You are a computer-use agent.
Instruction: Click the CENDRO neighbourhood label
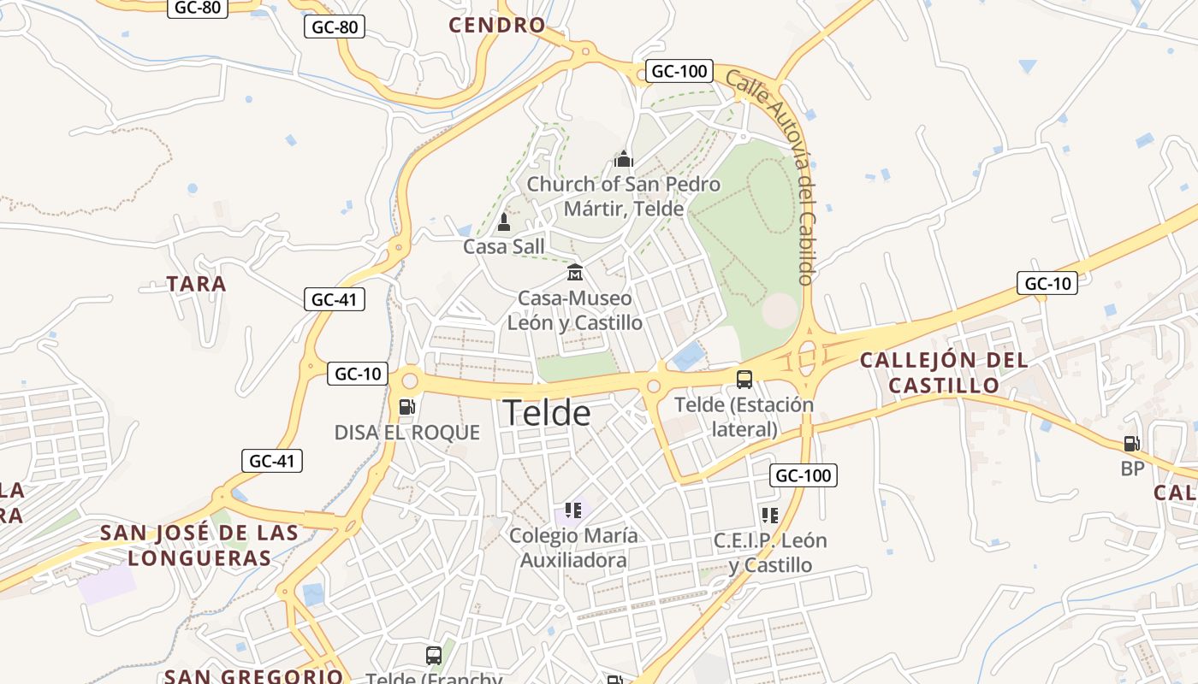pos(497,25)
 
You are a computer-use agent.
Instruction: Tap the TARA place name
pos(197,284)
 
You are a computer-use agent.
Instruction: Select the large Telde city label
pos(547,414)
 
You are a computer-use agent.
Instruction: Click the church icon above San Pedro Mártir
pos(623,159)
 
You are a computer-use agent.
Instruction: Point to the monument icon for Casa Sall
pos(504,222)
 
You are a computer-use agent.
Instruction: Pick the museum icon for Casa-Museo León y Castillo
pos(575,273)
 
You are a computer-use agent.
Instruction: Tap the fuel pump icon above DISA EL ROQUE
pos(406,407)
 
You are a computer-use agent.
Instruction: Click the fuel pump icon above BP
pos(1131,443)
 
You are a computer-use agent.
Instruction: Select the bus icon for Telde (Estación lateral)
pos(744,379)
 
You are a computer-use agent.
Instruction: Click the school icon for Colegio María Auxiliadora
pos(573,510)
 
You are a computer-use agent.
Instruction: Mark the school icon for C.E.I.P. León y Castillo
pos(770,515)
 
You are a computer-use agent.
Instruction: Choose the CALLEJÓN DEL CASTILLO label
pos(944,373)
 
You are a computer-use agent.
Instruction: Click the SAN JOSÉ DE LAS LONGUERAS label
pos(199,545)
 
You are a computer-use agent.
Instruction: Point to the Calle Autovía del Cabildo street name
pos(770,175)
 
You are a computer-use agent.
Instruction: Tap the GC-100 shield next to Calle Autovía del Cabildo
pos(679,71)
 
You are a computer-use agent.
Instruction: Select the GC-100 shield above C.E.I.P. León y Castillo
pos(803,475)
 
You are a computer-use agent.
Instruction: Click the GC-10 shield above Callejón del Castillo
pos(1047,283)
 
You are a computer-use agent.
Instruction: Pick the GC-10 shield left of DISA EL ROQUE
pos(358,374)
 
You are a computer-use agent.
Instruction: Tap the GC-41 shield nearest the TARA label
pos(334,299)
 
